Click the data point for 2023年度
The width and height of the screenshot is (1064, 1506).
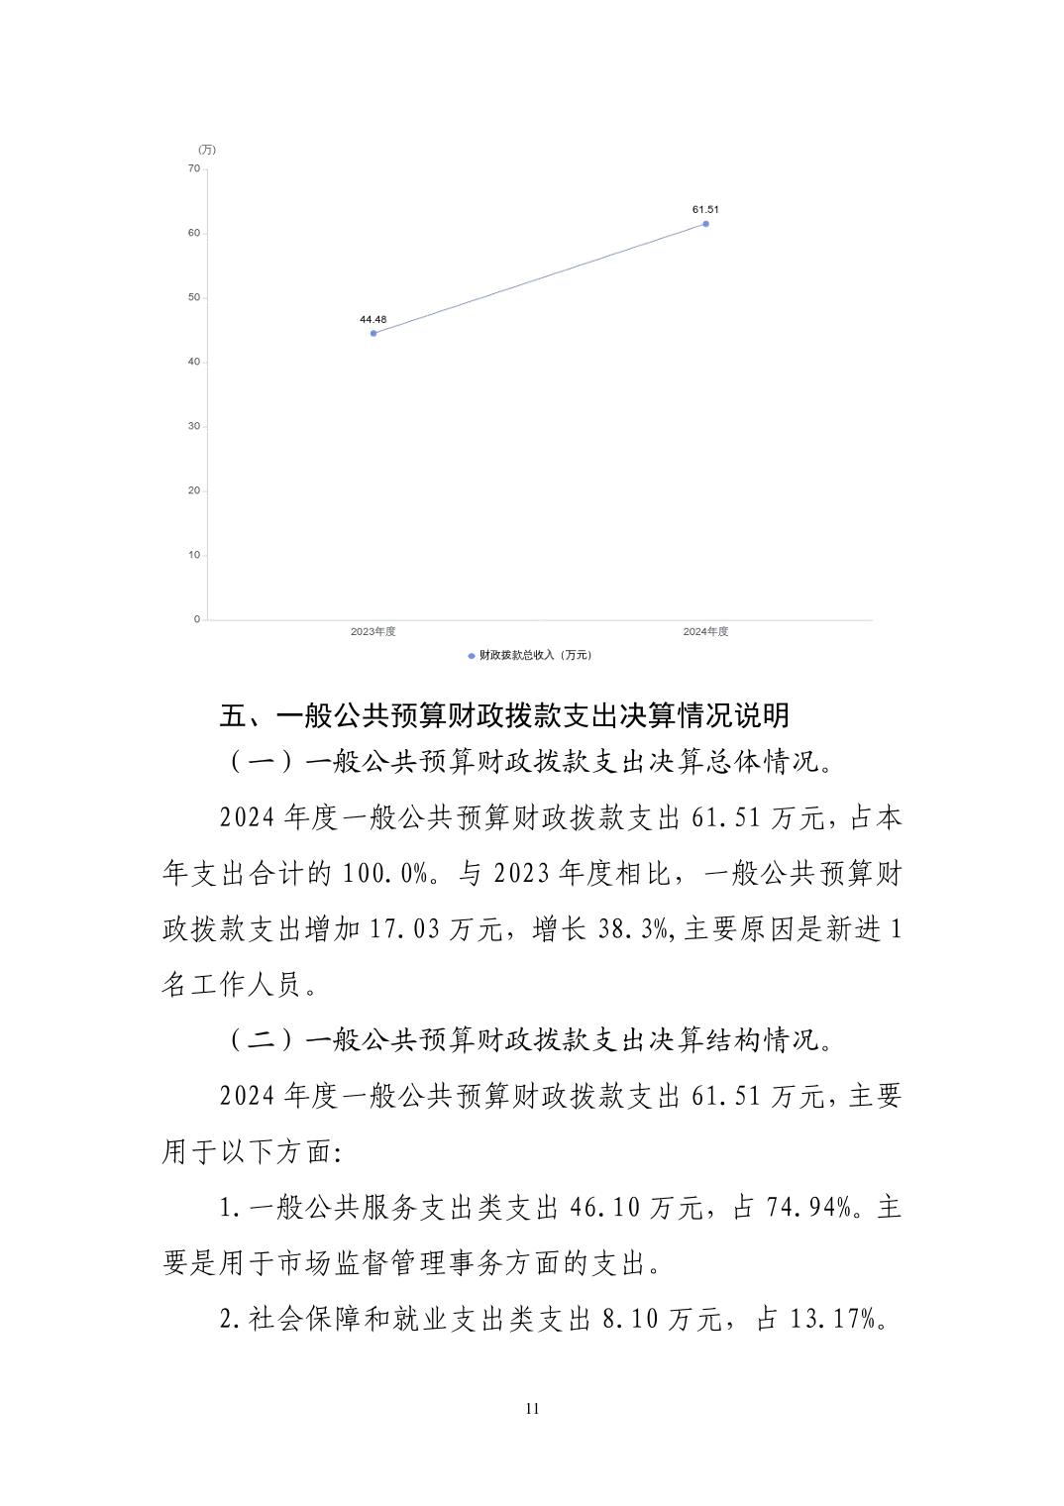pos(373,333)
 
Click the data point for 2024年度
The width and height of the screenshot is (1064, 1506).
pos(705,224)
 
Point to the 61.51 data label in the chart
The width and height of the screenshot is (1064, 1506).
pos(705,209)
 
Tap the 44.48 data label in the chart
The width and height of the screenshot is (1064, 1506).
pos(373,319)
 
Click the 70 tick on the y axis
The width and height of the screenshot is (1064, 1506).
pos(193,169)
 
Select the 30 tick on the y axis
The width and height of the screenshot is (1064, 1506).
pos(193,426)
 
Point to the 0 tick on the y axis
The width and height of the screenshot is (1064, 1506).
pos(196,619)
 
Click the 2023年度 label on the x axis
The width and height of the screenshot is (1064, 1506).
pos(373,632)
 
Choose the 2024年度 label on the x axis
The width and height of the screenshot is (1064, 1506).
pos(705,632)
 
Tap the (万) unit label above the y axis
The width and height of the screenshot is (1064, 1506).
pos(206,150)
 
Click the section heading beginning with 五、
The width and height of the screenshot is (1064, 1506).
pos(504,715)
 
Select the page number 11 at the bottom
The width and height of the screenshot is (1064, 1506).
pos(532,1409)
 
